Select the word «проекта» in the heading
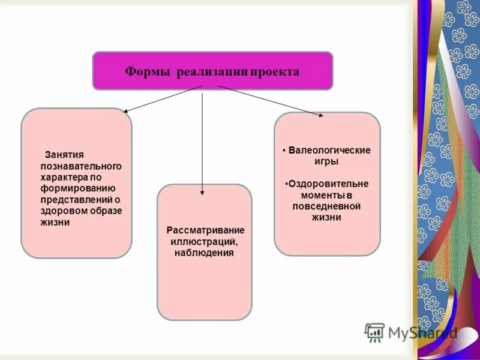[x=275, y=71]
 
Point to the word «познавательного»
[x=81, y=166]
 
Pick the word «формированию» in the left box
[x=74, y=188]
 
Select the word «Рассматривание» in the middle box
[x=205, y=230]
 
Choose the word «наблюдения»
[x=204, y=253]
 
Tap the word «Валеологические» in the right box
[x=329, y=150]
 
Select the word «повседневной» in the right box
[x=326, y=206]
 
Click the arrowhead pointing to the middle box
[x=202, y=193]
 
